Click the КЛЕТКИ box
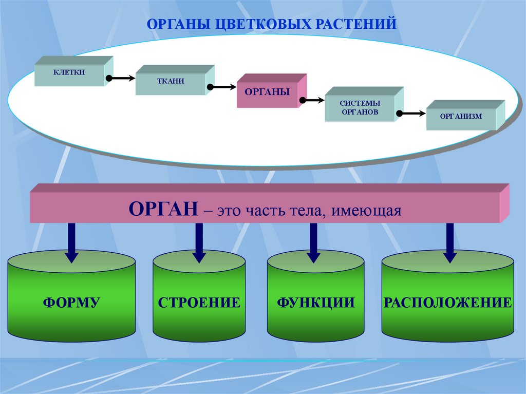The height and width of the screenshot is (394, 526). pos(69,74)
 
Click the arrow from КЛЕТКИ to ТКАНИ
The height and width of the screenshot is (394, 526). pos(121,79)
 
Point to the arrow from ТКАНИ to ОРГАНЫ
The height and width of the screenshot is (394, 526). pos(222,87)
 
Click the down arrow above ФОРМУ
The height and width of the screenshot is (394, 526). pos(72,241)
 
